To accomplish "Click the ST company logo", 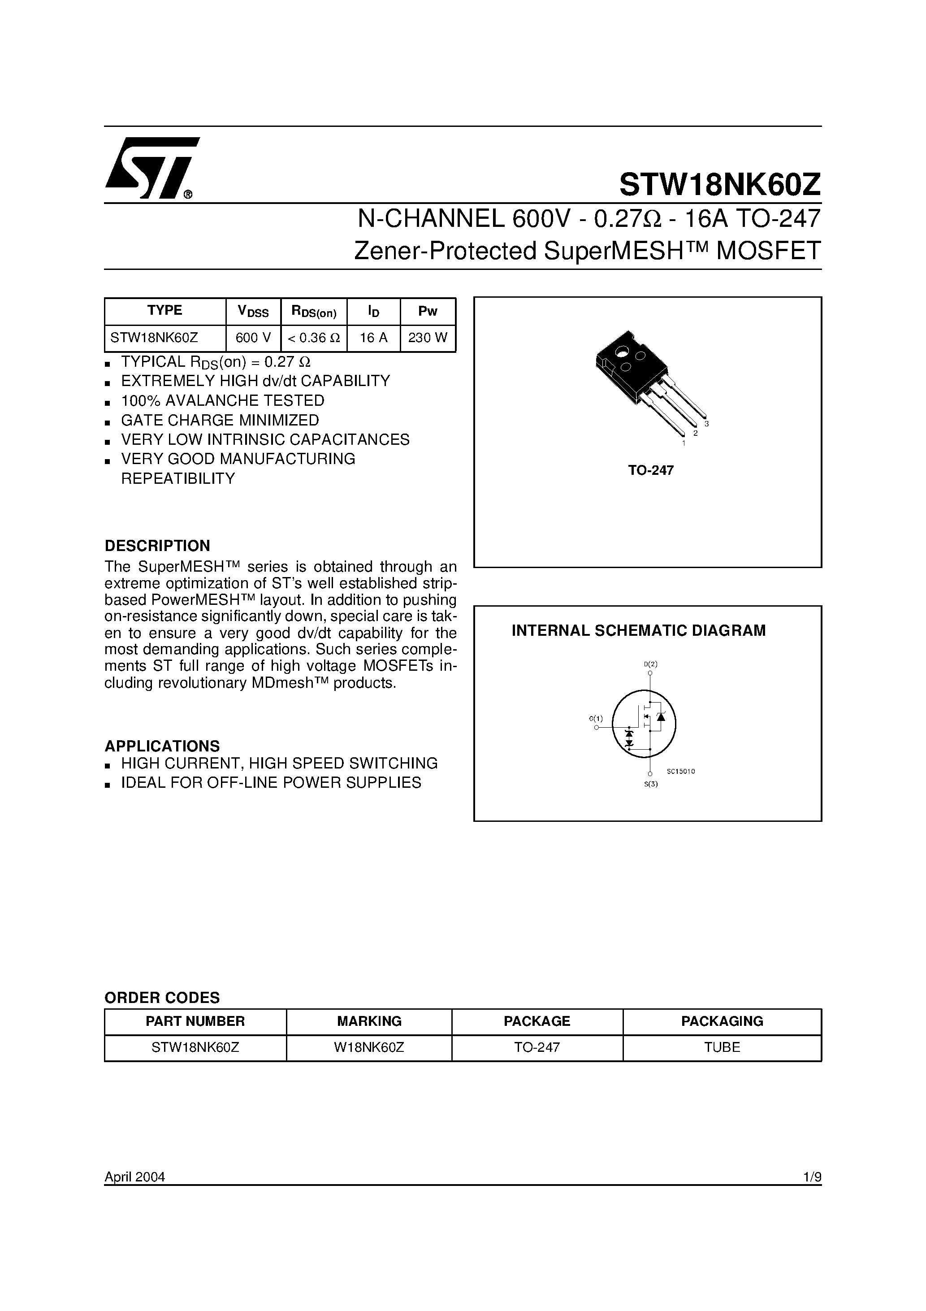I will click(150, 169).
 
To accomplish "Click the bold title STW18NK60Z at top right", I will click(720, 184).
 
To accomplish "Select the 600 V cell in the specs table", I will click(253, 338).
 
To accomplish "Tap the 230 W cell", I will click(428, 338).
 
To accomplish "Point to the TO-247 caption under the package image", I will click(651, 470).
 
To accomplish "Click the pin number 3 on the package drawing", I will click(707, 424).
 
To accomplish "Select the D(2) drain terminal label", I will click(650, 664).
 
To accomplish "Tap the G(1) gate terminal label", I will click(596, 718).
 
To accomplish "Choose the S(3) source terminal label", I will click(651, 784).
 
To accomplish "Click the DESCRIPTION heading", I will click(157, 545).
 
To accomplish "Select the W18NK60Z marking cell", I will click(369, 1047).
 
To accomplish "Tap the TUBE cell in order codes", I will click(722, 1047).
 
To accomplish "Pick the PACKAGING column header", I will click(722, 1021).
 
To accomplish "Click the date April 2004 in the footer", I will click(135, 1177).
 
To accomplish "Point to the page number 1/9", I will click(811, 1177).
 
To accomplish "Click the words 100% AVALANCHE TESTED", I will click(223, 400).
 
